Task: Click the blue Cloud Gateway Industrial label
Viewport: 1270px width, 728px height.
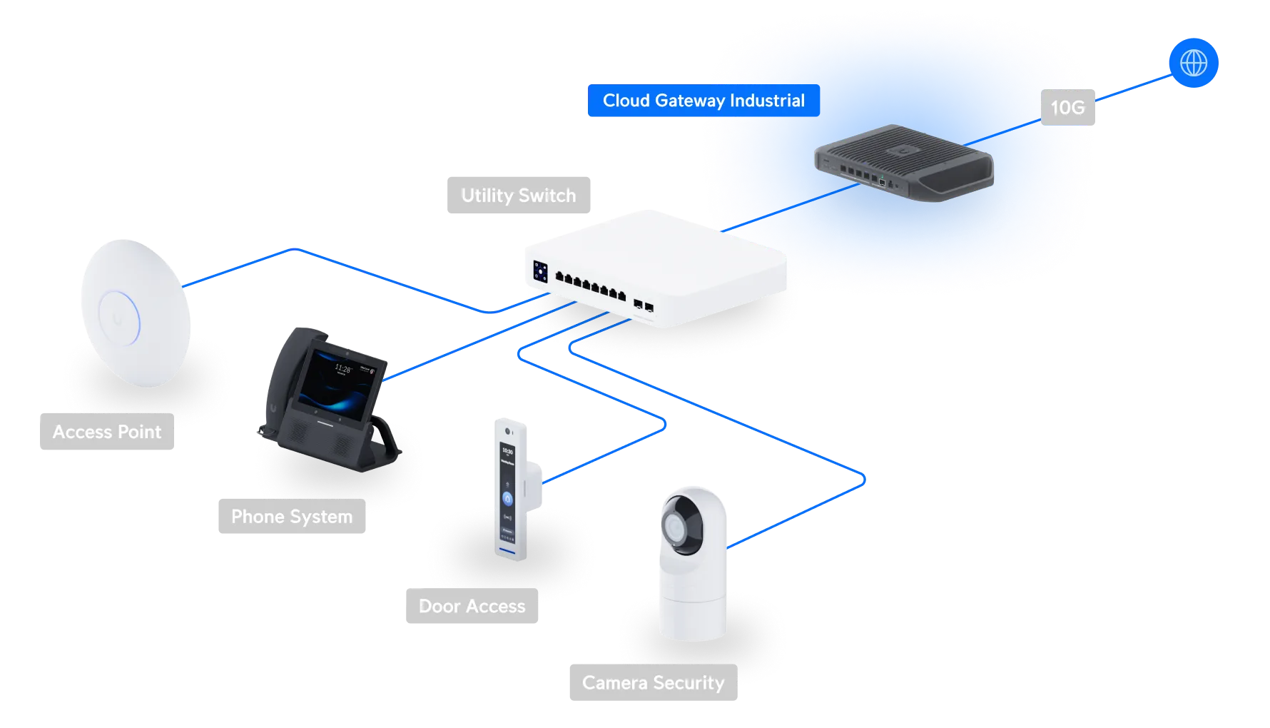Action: pos(703,101)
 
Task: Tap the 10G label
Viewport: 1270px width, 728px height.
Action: pos(1067,107)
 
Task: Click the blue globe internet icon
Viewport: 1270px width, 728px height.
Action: pos(1194,63)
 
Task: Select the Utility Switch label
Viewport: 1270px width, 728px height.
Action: pos(519,195)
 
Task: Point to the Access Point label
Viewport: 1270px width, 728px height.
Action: pos(107,431)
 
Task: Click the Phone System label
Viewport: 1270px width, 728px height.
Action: pos(292,516)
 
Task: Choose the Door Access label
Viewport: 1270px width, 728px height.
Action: pos(472,606)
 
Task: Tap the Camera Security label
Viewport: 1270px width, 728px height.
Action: pos(654,682)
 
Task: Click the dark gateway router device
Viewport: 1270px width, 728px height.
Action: pos(904,163)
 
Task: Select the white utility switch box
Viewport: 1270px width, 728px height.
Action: pos(656,269)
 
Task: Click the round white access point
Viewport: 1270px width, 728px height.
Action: pos(136,313)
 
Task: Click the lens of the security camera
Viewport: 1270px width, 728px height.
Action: pos(674,527)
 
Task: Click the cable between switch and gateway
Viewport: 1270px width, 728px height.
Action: pos(791,208)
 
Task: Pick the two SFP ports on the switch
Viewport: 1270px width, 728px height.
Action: pos(644,305)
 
